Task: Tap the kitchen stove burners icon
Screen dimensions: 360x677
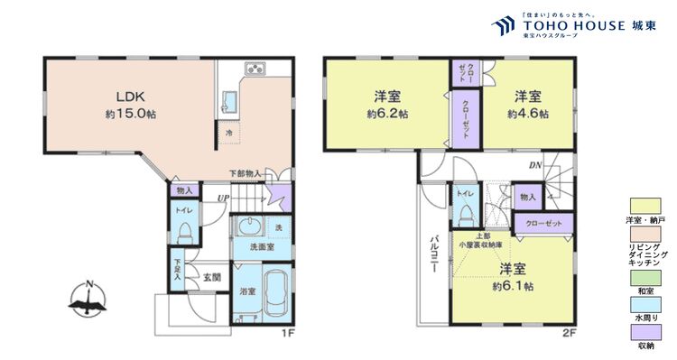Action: pyautogui.click(x=253, y=69)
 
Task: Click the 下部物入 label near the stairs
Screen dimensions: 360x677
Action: pyautogui.click(x=245, y=173)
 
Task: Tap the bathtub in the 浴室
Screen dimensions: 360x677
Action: pyautogui.click(x=275, y=293)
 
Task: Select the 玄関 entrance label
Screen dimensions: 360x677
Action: pyautogui.click(x=212, y=277)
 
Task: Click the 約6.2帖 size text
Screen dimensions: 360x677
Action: pyautogui.click(x=386, y=115)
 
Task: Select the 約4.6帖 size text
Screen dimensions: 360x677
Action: pyautogui.click(x=526, y=115)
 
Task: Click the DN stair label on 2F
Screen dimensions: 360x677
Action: pyautogui.click(x=535, y=165)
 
